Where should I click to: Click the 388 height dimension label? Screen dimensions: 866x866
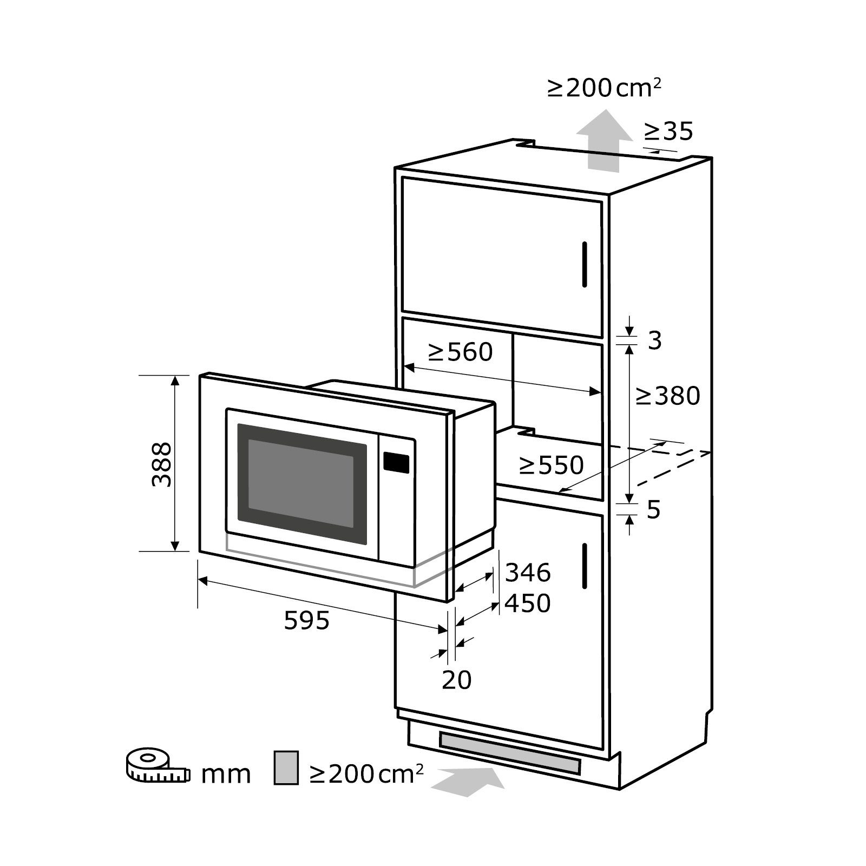click(161, 464)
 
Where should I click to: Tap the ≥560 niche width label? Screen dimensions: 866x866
click(460, 352)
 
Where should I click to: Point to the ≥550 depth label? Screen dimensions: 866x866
click(551, 465)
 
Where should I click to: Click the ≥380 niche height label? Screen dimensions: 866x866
click(668, 396)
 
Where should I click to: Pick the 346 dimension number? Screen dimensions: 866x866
click(528, 572)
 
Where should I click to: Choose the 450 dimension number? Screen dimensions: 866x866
click(528, 603)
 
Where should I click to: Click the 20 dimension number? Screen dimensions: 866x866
click(457, 680)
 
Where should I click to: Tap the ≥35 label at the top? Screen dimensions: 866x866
click(668, 131)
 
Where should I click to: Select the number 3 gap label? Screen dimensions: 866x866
click(655, 340)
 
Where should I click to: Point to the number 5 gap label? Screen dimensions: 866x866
click(654, 509)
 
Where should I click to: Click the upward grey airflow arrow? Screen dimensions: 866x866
click(604, 141)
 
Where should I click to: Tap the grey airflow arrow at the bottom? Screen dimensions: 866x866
click(468, 780)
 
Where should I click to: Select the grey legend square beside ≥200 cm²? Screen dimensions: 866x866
click(286, 767)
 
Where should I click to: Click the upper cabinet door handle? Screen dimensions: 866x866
click(585, 264)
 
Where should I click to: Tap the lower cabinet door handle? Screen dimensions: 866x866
click(585, 566)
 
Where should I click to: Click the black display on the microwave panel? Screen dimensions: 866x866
click(396, 462)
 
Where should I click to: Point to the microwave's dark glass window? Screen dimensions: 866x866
click(302, 476)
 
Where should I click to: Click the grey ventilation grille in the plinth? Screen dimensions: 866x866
click(509, 753)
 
